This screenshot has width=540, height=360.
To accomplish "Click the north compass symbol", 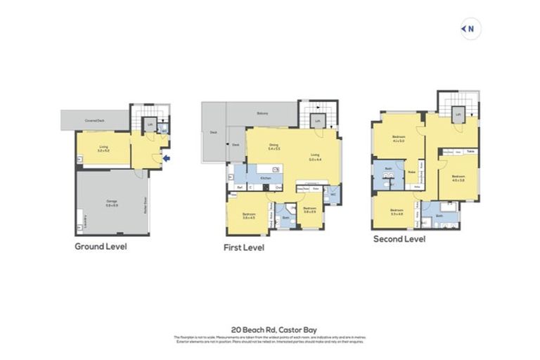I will [x=469, y=29].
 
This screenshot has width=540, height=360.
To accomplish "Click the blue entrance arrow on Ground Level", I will [x=167, y=159].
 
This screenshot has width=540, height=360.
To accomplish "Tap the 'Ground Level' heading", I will [x=101, y=247].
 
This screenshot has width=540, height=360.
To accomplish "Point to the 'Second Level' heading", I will [x=399, y=239].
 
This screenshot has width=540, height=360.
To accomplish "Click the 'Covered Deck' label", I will [x=95, y=121].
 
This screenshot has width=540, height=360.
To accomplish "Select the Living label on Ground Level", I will [x=103, y=148].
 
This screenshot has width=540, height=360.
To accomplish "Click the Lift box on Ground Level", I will [x=149, y=127].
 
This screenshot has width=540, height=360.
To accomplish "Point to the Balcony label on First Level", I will [x=262, y=113].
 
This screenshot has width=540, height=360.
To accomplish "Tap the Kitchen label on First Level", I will [x=265, y=179].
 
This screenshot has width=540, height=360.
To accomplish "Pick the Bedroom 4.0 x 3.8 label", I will [x=458, y=177].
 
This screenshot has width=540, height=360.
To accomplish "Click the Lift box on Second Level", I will [x=458, y=115].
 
